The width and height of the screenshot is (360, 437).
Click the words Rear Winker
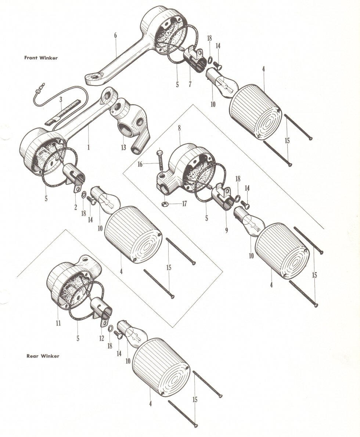tap(43, 356)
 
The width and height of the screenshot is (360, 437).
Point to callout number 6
tap(115, 36)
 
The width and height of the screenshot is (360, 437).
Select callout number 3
tap(61, 99)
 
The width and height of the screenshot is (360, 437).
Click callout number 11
tap(58, 323)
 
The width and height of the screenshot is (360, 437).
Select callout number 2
tap(75, 207)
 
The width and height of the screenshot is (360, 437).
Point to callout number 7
tap(190, 84)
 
